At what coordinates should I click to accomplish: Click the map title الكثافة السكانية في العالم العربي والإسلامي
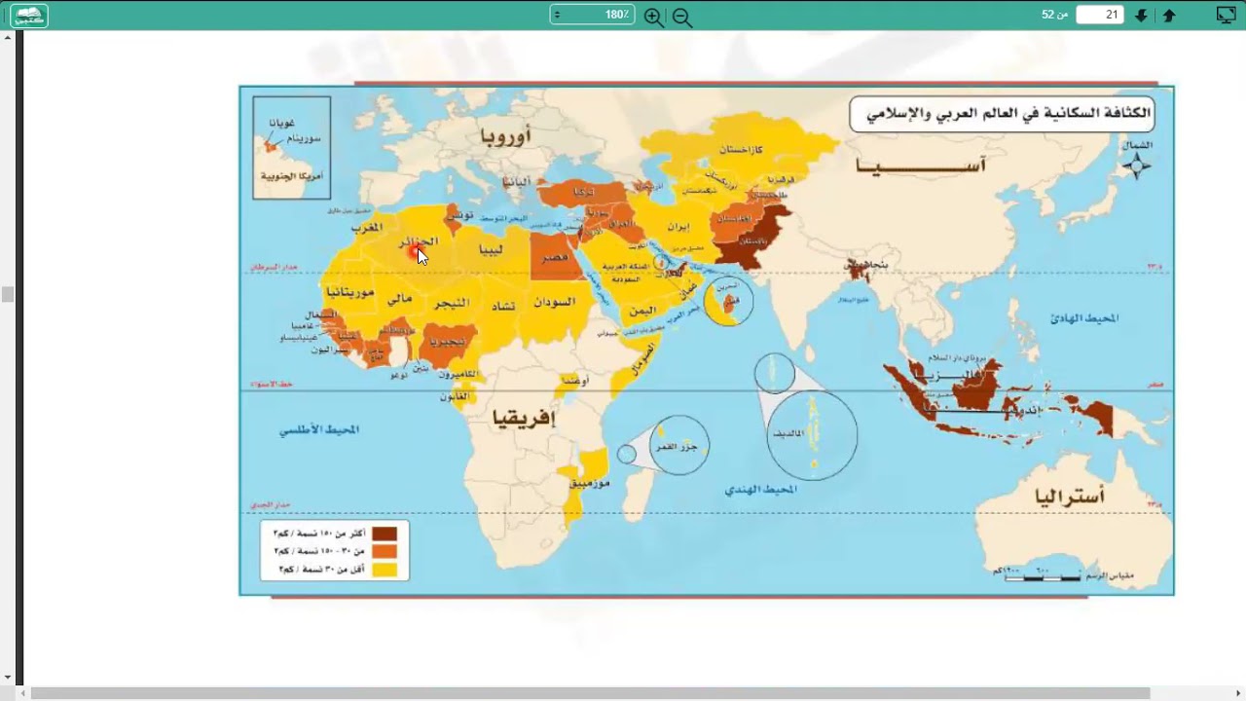(x=1002, y=114)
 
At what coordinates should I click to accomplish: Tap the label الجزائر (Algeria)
(x=419, y=240)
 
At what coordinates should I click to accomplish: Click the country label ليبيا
(x=491, y=248)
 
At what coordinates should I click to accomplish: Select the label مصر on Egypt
(x=555, y=257)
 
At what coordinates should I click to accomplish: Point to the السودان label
(x=554, y=303)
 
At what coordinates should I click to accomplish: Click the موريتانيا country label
(x=350, y=291)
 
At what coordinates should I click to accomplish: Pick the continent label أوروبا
(x=507, y=136)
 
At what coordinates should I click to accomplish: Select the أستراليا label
(x=1069, y=498)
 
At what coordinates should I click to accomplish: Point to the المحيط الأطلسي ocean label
(x=319, y=429)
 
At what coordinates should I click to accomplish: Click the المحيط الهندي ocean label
(x=760, y=489)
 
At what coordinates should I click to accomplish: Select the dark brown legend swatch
(x=385, y=534)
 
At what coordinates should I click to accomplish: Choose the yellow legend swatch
(x=385, y=570)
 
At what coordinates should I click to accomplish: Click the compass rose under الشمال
(x=1136, y=166)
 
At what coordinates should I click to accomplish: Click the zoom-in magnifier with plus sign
(x=653, y=17)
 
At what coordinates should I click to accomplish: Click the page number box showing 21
(x=1099, y=15)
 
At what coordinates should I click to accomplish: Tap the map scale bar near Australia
(x=1043, y=577)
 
